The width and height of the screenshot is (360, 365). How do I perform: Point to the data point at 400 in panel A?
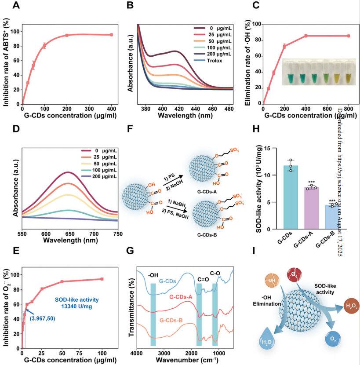click(x=111, y=34)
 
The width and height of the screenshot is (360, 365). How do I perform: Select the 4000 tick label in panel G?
click(x=137, y=353)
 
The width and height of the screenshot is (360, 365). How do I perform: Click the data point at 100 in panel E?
click(x=102, y=279)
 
